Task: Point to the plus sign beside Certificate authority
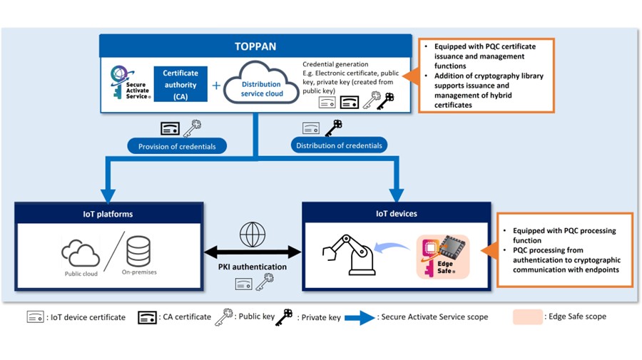click(x=216, y=86)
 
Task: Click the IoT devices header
click(x=397, y=213)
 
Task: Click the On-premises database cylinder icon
click(x=138, y=252)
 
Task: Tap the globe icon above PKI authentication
click(x=253, y=234)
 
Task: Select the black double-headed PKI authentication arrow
click(x=253, y=252)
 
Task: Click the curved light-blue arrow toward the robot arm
click(x=394, y=246)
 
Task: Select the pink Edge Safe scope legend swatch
click(x=527, y=317)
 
